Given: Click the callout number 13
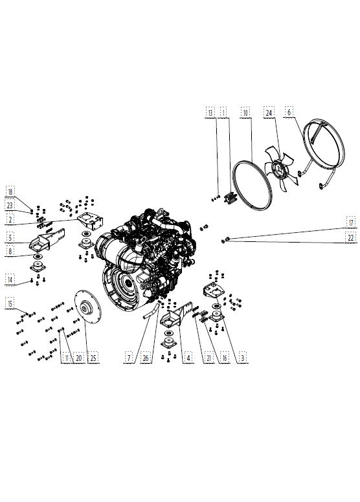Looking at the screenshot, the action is (210, 113).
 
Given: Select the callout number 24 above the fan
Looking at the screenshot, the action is (269, 113).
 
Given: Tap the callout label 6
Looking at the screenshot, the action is (289, 112).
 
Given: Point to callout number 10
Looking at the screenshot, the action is (245, 113).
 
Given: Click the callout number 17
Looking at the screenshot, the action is (351, 223).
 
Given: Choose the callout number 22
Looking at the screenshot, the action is (351, 237).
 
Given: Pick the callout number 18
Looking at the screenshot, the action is (10, 191).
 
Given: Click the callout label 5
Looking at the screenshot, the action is (10, 237).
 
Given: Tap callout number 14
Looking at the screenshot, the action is (10, 279).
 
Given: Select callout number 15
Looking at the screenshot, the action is (10, 303).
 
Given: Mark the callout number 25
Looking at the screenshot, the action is (93, 358).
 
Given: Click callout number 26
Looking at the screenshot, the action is (146, 358).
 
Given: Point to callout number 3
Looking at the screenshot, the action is (243, 358).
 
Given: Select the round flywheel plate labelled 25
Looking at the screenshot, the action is (87, 307).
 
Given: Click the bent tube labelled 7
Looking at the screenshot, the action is (151, 311).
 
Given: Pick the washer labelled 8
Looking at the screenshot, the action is (38, 256).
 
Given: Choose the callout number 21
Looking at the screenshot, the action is (208, 358).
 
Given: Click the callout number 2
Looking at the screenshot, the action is (10, 220).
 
